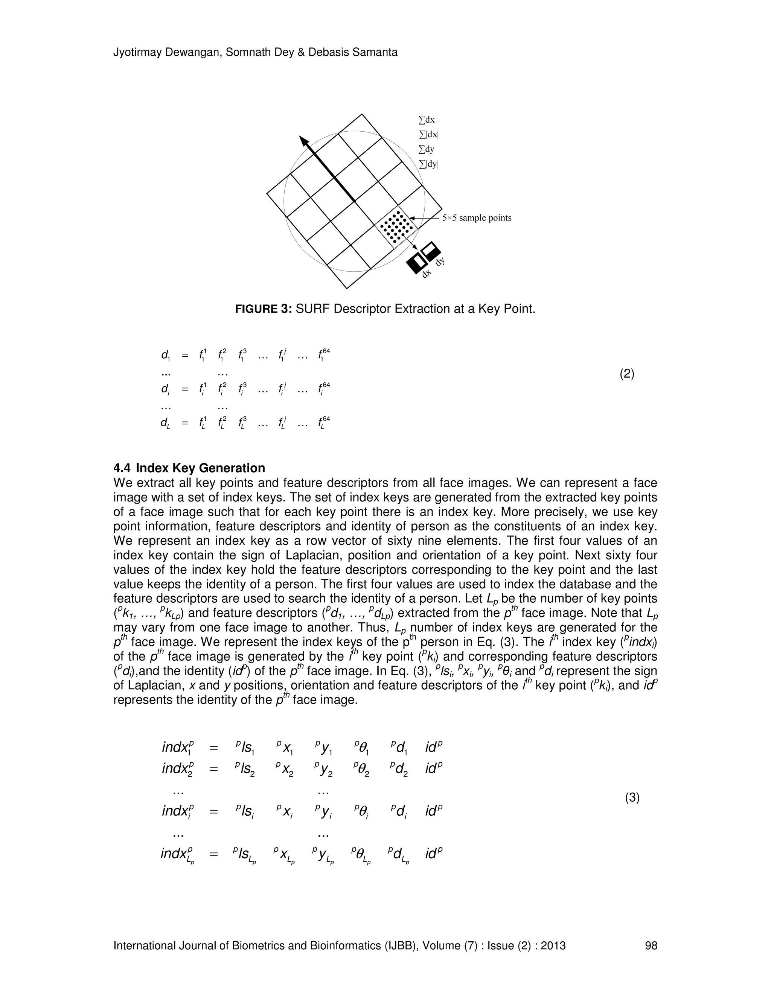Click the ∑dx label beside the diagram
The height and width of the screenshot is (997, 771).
pyautogui.click(x=427, y=120)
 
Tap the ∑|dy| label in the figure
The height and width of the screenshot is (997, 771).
pyautogui.click(x=428, y=164)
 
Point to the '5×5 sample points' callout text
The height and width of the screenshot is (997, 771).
pyautogui.click(x=476, y=218)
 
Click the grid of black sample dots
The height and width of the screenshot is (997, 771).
pyautogui.click(x=396, y=227)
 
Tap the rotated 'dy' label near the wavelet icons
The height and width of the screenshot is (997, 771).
pyautogui.click(x=440, y=261)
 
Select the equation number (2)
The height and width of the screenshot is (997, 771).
pyautogui.click(x=627, y=374)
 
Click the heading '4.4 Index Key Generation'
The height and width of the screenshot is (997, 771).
pyautogui.click(x=189, y=468)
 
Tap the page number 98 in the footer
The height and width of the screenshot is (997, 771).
pyautogui.click(x=651, y=945)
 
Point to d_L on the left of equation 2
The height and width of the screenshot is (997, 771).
pyautogui.click(x=165, y=423)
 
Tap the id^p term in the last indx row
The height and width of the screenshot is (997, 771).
pyautogui.click(x=434, y=853)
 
